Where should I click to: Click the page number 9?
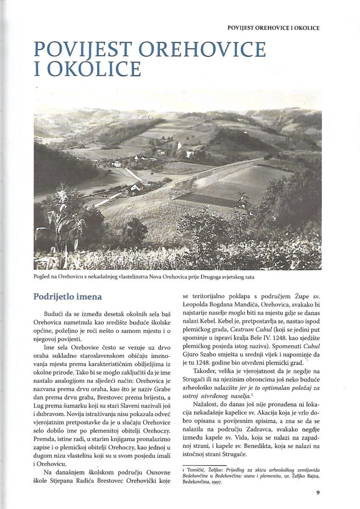(x=318, y=492)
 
